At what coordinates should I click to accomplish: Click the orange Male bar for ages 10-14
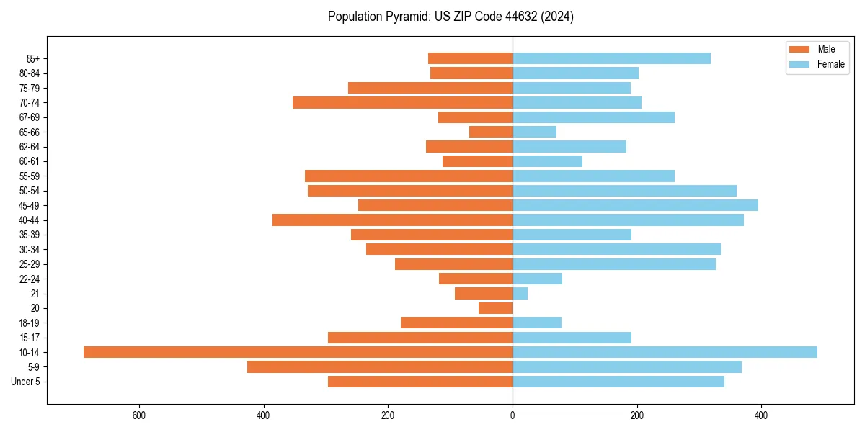pyautogui.click(x=298, y=352)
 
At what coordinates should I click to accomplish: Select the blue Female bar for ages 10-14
pyautogui.click(x=665, y=352)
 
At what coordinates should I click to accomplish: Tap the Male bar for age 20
pyautogui.click(x=495, y=308)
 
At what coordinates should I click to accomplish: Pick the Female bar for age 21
pyautogui.click(x=520, y=294)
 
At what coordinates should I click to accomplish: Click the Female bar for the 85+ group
pyautogui.click(x=611, y=58)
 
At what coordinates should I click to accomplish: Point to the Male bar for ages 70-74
pyautogui.click(x=402, y=103)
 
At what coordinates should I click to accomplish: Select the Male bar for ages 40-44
pyautogui.click(x=392, y=220)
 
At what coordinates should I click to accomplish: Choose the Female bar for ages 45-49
pyautogui.click(x=635, y=205)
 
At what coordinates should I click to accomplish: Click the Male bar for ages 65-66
pyautogui.click(x=491, y=132)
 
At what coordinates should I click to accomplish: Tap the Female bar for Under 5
pyautogui.click(x=618, y=382)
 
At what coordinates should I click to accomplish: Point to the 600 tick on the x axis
pyautogui.click(x=139, y=415)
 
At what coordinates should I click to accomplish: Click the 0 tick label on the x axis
pyautogui.click(x=513, y=415)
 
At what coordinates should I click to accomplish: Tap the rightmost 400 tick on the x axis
pyautogui.click(x=761, y=415)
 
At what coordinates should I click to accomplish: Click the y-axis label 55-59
pyautogui.click(x=30, y=176)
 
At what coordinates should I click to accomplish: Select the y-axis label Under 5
pyautogui.click(x=25, y=382)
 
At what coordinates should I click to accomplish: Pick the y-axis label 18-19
pyautogui.click(x=30, y=323)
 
